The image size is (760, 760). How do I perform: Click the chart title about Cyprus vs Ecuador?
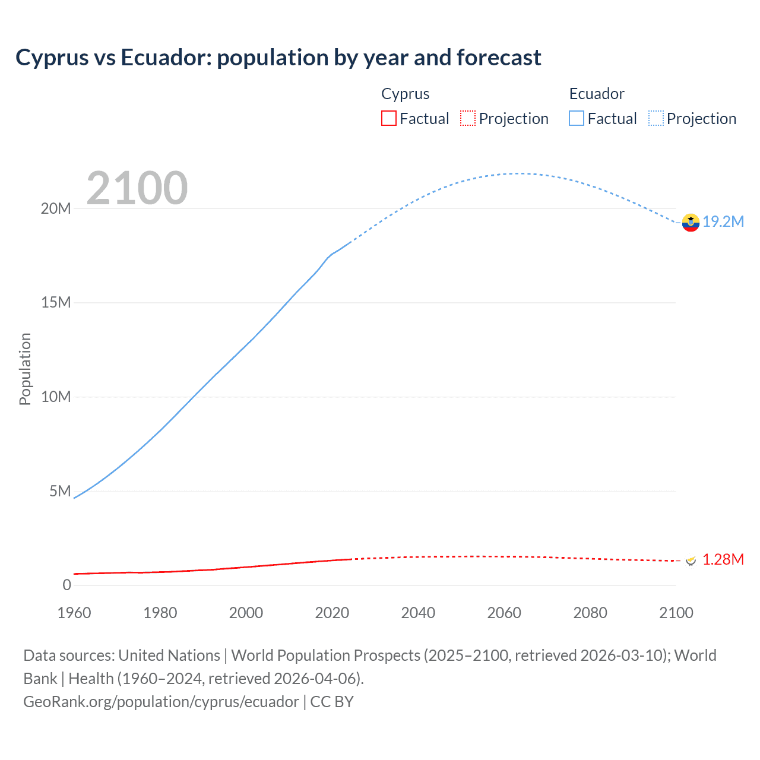[x=278, y=58]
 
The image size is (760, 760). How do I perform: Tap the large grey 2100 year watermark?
[x=137, y=188]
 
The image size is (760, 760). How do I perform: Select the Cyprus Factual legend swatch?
[x=388, y=119]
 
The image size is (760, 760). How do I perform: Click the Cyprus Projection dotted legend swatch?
[x=468, y=119]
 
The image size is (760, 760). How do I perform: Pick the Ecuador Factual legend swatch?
[x=576, y=119]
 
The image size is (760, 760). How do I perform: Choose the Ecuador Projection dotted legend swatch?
[x=655, y=119]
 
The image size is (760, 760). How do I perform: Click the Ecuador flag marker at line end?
[x=691, y=223]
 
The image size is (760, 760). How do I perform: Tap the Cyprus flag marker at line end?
[x=691, y=560]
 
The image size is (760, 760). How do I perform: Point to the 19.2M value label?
[x=723, y=222]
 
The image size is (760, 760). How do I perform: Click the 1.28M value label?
[x=723, y=560]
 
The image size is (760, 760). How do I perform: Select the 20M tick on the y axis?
[x=56, y=208]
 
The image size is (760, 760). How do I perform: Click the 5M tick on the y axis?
[x=59, y=491]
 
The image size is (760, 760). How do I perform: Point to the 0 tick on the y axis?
[x=66, y=585]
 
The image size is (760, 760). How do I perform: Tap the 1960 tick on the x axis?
[x=74, y=613]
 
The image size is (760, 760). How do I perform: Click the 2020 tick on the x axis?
[x=332, y=613]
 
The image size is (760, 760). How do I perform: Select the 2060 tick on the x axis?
[x=504, y=613]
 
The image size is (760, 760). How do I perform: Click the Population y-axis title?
[x=25, y=369]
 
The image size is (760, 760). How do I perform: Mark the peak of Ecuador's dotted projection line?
[x=520, y=173]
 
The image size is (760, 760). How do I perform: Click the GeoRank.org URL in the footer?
[x=161, y=702]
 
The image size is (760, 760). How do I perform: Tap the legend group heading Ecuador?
[x=597, y=94]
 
